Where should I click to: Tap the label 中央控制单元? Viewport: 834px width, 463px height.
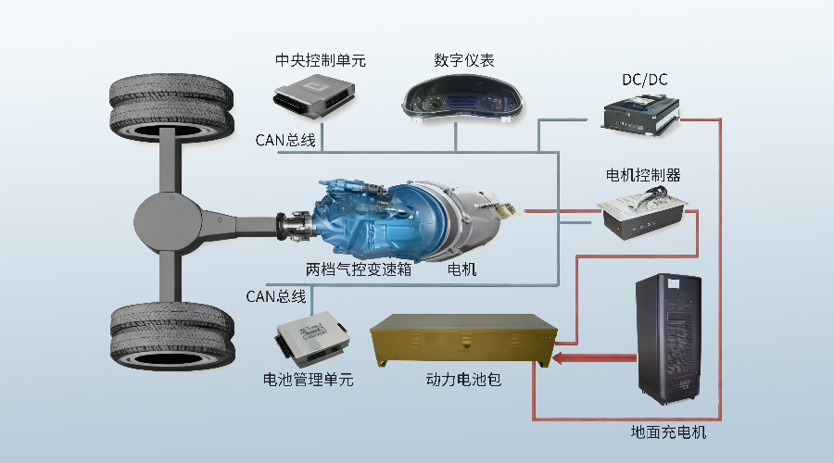(x=322, y=61)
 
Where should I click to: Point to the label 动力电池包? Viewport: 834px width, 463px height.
(x=463, y=380)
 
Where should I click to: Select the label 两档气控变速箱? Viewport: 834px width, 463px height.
(x=359, y=270)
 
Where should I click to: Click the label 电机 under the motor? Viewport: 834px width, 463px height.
(x=462, y=270)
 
